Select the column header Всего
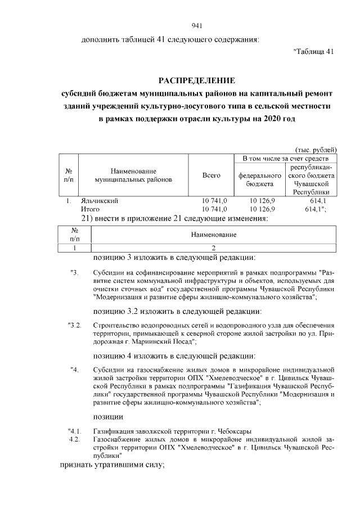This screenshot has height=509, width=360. point(211,175)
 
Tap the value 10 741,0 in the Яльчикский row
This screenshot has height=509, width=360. point(214,201)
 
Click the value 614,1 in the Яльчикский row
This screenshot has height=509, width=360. point(318,201)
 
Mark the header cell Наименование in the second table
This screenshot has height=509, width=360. point(214,234)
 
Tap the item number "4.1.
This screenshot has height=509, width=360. point(75,431)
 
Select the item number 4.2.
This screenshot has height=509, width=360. point(76,439)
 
